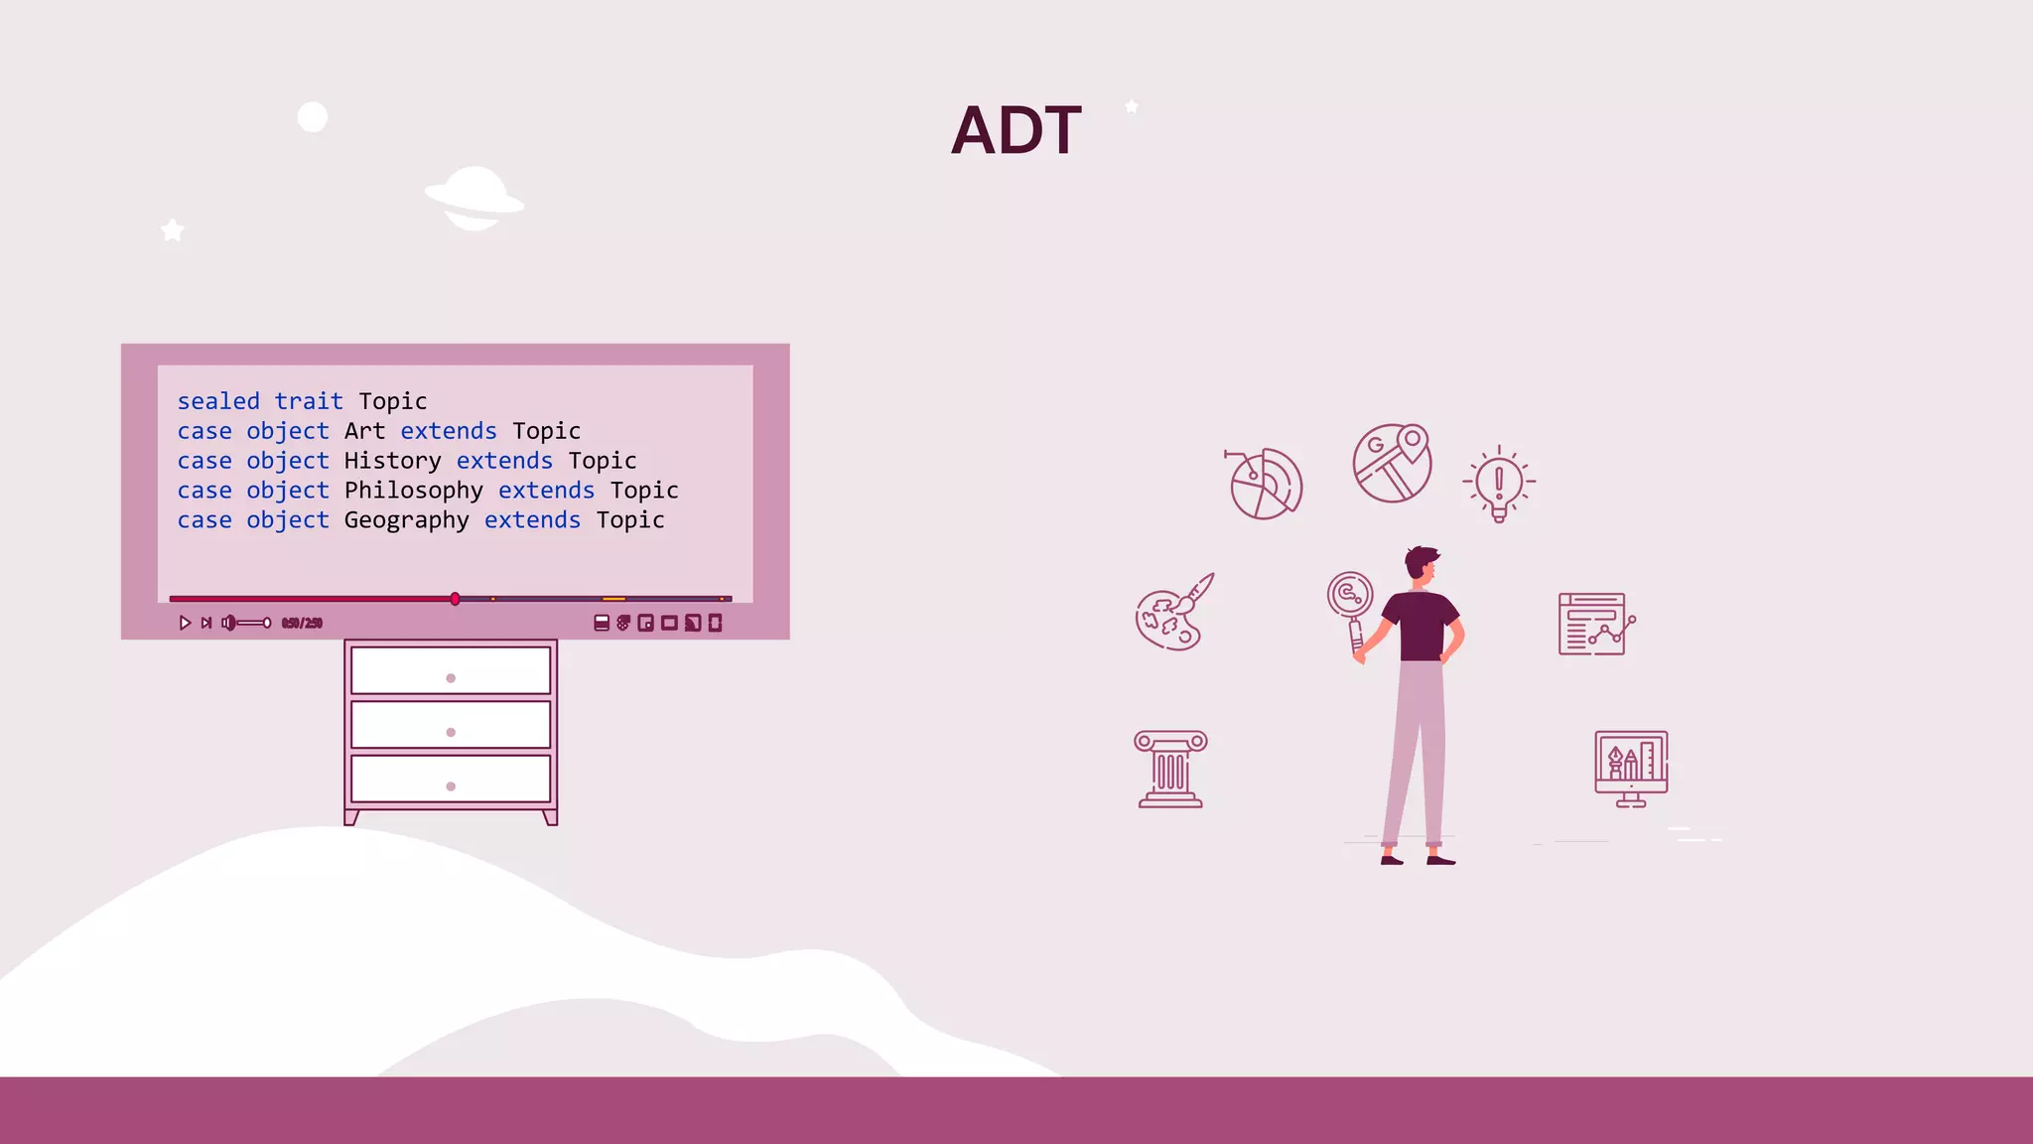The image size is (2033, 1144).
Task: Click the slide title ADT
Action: coord(1016,130)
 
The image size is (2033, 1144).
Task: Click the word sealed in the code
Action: coord(218,401)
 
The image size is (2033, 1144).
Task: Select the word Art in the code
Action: coord(364,431)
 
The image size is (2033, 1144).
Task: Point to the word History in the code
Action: coord(392,461)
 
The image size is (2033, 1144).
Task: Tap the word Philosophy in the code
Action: coord(413,491)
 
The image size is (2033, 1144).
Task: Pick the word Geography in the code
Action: coord(406,520)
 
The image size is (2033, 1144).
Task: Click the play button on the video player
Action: coord(185,623)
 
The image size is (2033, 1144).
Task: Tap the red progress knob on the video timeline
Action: coord(455,599)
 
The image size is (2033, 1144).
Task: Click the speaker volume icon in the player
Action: coord(228,623)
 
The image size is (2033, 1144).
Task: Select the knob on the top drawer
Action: coord(451,678)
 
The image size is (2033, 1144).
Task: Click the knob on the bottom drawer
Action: coord(451,786)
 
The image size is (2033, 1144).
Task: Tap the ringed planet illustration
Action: coord(474,199)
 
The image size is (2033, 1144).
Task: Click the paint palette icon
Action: coord(1173,614)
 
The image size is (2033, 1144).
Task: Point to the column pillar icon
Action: coord(1170,770)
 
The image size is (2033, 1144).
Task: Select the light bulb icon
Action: coord(1499,484)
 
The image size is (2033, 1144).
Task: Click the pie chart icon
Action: coord(1265,484)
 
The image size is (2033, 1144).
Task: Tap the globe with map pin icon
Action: coord(1392,463)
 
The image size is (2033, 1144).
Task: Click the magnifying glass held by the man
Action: coord(1350,596)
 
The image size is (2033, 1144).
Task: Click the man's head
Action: coord(1422,565)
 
